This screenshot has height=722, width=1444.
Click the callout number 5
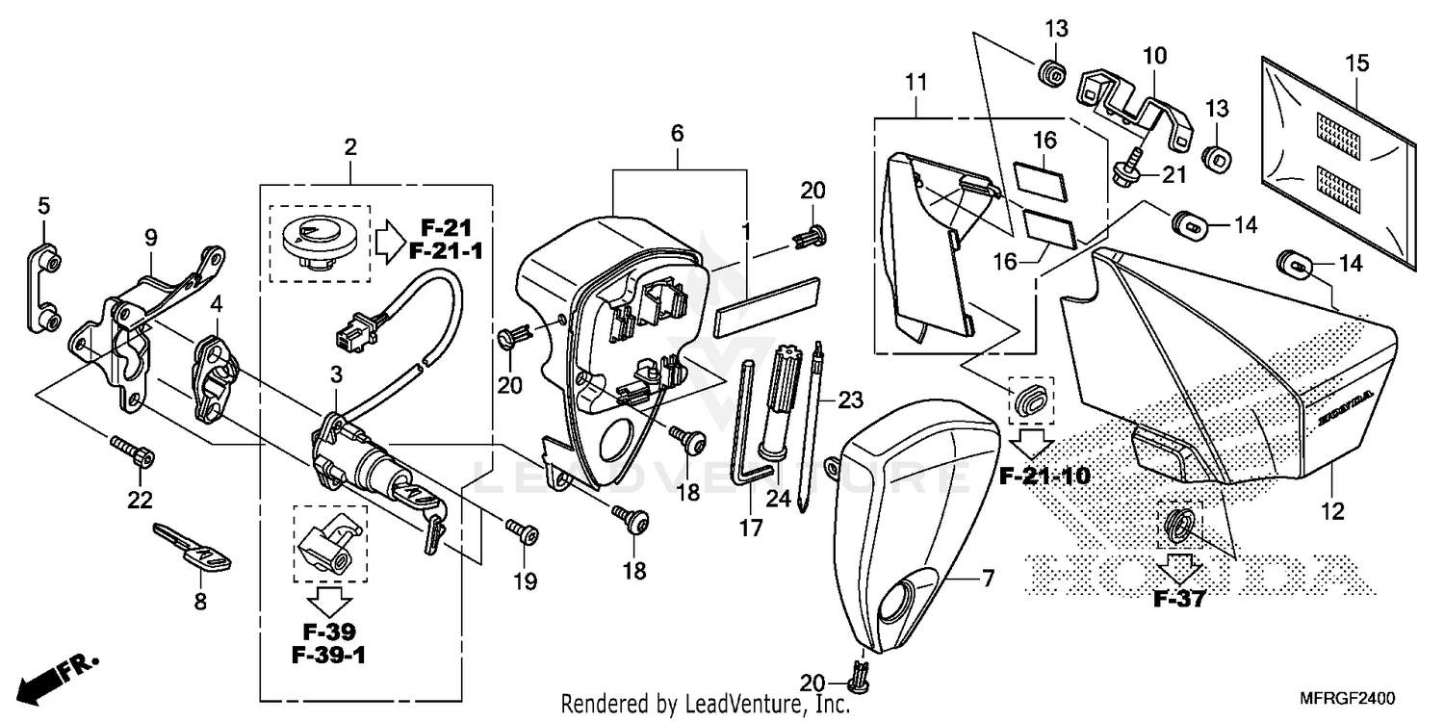[43, 205]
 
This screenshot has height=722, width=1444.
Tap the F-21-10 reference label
[1044, 476]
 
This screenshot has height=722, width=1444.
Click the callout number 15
[1356, 64]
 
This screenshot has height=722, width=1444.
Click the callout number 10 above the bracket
[1154, 57]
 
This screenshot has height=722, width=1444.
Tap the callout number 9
[150, 235]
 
